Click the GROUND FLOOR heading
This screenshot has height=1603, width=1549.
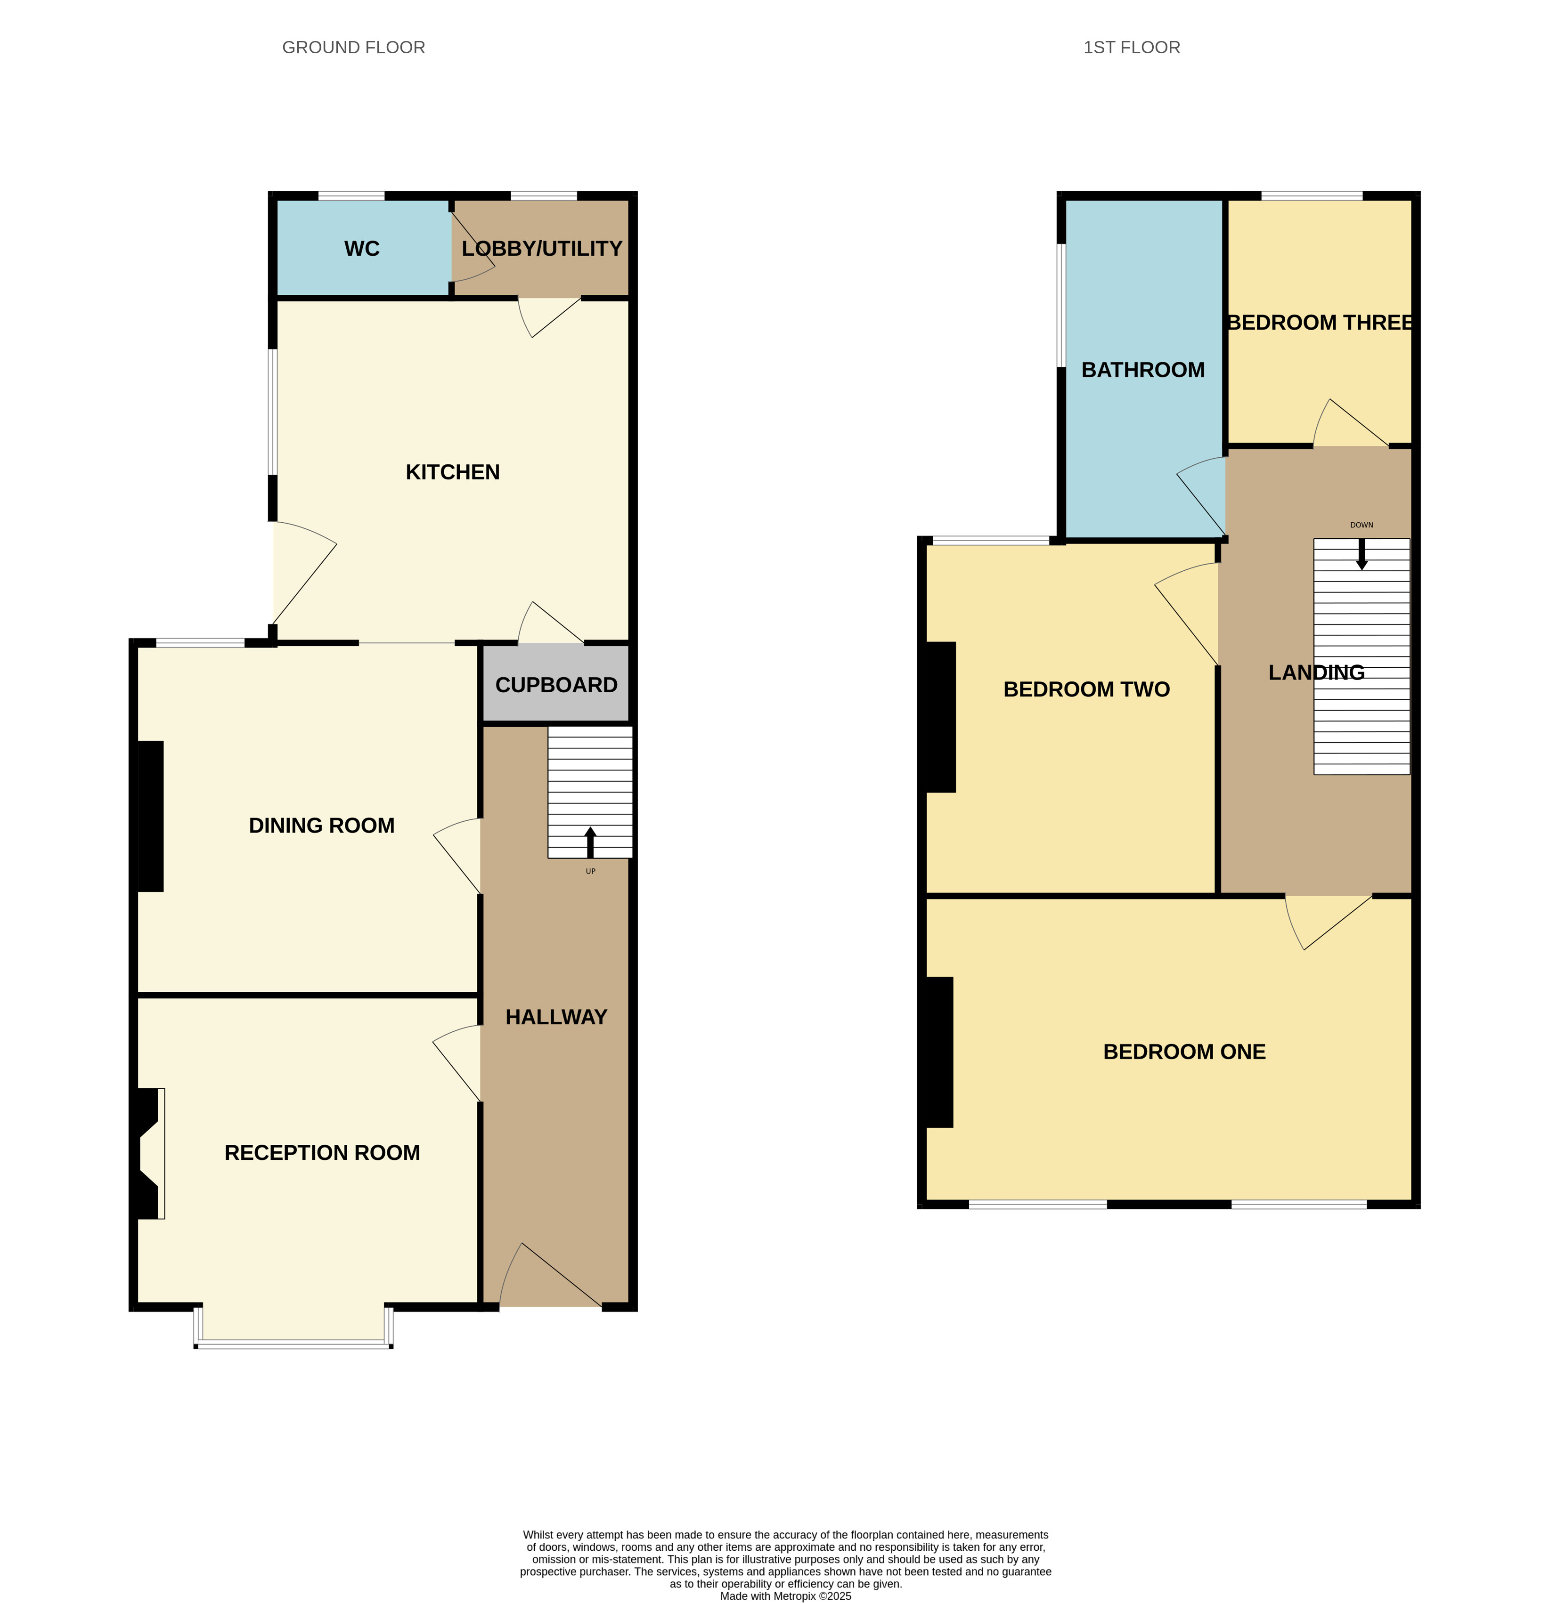click(x=353, y=48)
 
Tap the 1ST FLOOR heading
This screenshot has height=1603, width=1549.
click(x=1132, y=48)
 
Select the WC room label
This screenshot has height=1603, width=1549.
click(x=362, y=249)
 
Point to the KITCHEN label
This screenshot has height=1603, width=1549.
click(x=453, y=472)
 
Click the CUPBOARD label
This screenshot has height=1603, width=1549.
click(x=556, y=685)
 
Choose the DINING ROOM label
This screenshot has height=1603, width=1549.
click(x=322, y=825)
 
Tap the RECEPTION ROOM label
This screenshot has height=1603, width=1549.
click(x=322, y=1152)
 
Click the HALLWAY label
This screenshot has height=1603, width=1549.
click(x=556, y=1017)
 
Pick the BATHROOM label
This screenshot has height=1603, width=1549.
click(x=1143, y=370)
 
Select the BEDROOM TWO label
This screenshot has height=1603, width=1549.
click(x=1087, y=689)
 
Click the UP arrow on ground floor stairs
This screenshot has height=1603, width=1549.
click(x=590, y=842)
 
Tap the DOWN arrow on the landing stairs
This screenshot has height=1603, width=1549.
click(x=1361, y=554)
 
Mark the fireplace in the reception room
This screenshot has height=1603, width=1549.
click(x=149, y=1153)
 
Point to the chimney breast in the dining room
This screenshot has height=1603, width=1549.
click(x=151, y=816)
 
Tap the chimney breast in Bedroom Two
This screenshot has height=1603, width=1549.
click(x=941, y=717)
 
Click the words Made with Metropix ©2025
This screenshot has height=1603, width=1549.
click(x=785, y=1595)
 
